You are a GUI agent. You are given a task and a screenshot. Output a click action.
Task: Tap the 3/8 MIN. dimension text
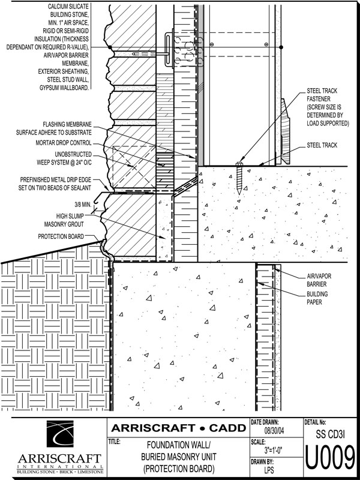click(79, 203)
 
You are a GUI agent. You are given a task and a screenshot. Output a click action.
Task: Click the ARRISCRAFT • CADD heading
click(179, 428)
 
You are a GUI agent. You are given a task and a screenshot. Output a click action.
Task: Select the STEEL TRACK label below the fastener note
click(321, 145)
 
